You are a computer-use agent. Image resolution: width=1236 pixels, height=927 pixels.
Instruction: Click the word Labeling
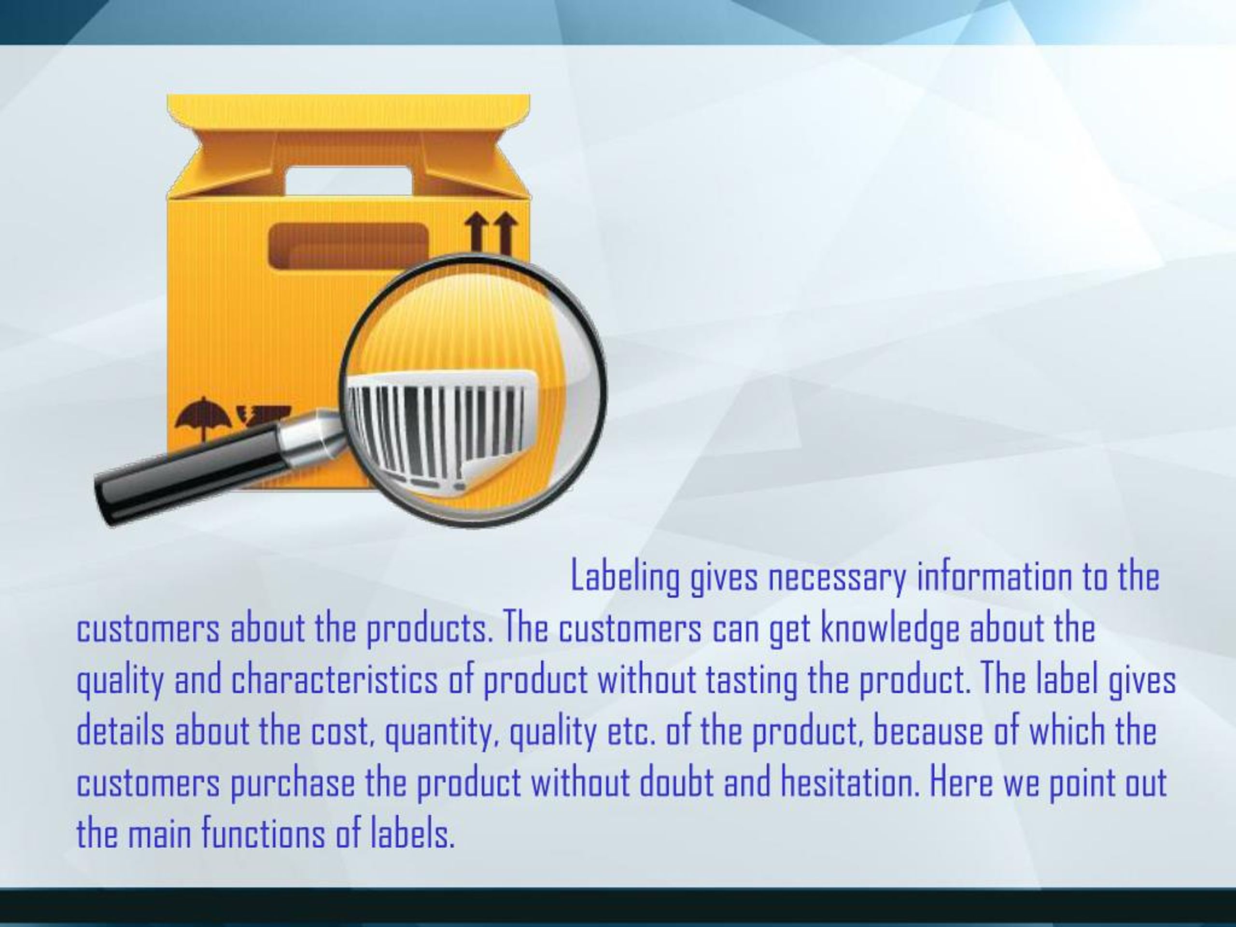625,578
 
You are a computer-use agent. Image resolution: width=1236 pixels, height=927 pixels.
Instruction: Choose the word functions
263,835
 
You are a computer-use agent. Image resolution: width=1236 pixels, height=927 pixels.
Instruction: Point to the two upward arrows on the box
491,232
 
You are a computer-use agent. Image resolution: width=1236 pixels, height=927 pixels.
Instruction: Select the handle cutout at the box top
349,180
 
